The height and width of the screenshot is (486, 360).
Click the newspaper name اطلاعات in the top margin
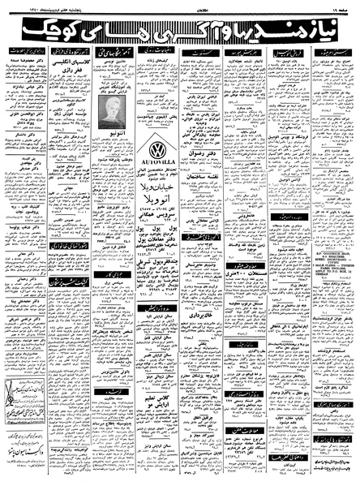179,6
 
